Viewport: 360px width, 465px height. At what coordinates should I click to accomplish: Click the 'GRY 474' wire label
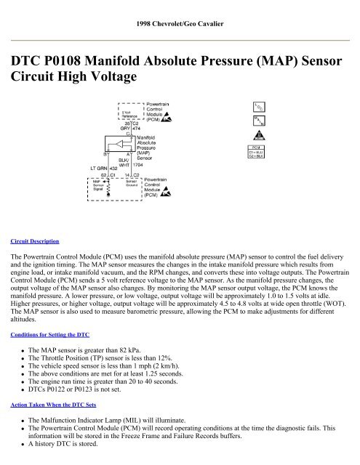pos(129,129)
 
